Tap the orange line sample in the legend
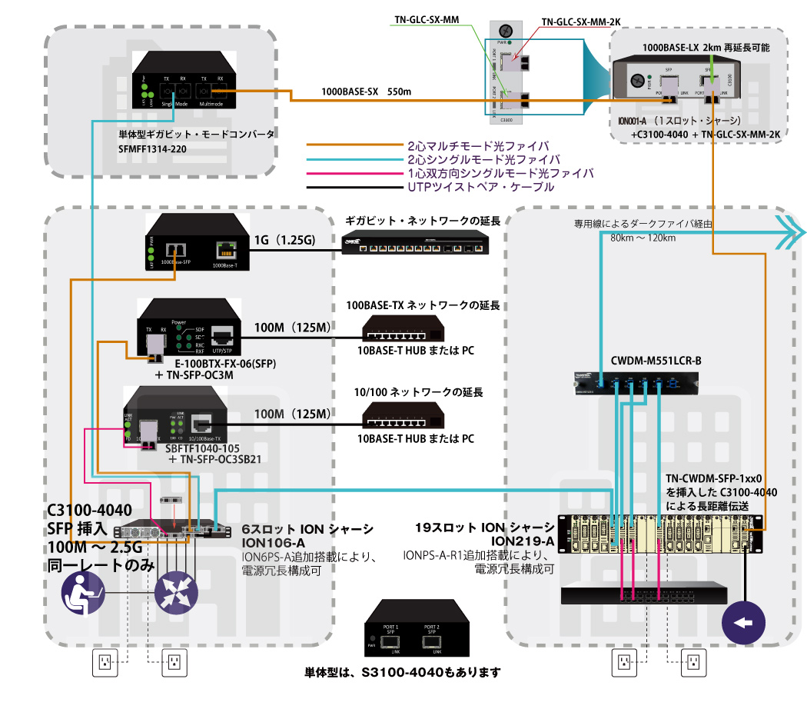pos(354,145)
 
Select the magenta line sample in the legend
pos(354,173)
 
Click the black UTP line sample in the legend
pos(354,187)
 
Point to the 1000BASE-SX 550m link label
pos(367,92)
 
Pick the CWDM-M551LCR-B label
pos(656,360)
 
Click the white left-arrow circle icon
pos(744,621)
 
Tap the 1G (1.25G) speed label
pos(284,241)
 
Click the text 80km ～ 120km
pos(643,238)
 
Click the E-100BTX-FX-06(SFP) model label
pos(224,363)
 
